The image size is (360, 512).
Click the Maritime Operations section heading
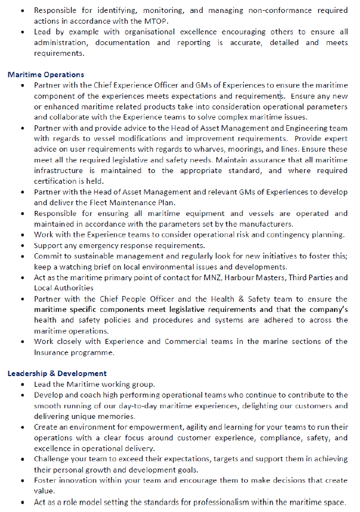pyautogui.click(x=46, y=74)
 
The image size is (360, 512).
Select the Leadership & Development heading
pyautogui.click(x=57, y=373)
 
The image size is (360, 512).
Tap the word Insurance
pyautogui.click(x=52, y=352)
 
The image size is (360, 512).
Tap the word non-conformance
pyautogui.click(x=252, y=10)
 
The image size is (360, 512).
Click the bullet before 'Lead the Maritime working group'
pyautogui.click(x=21, y=385)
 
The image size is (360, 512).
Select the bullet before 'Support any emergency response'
pyautogui.click(x=21, y=246)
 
